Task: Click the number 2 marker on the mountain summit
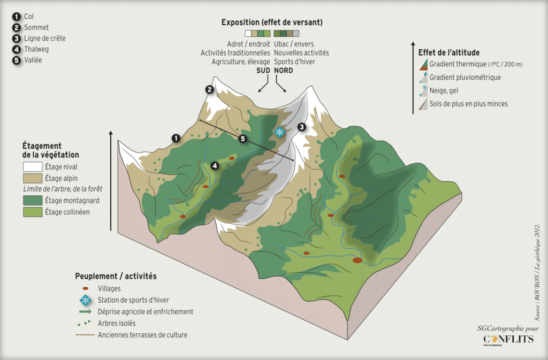coord(209,90)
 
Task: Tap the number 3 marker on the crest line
coord(302,127)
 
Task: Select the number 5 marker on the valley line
coord(242,139)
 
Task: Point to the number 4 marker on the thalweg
coord(215,165)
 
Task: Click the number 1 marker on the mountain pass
coord(176,138)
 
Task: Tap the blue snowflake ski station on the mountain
coord(279,132)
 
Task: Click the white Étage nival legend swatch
coord(33,166)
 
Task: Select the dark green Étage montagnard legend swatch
coord(33,201)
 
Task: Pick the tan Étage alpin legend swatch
coord(33,178)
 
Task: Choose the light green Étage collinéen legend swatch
coord(33,212)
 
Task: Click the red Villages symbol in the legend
coord(85,289)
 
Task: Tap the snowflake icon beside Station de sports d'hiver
coord(85,300)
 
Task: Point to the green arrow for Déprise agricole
coord(85,311)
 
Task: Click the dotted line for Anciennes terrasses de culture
coord(85,335)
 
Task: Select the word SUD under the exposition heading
coord(263,71)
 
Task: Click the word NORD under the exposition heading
coord(284,71)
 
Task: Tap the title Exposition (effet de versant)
coord(272,22)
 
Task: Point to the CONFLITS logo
coord(508,339)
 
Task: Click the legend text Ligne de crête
coord(45,39)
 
